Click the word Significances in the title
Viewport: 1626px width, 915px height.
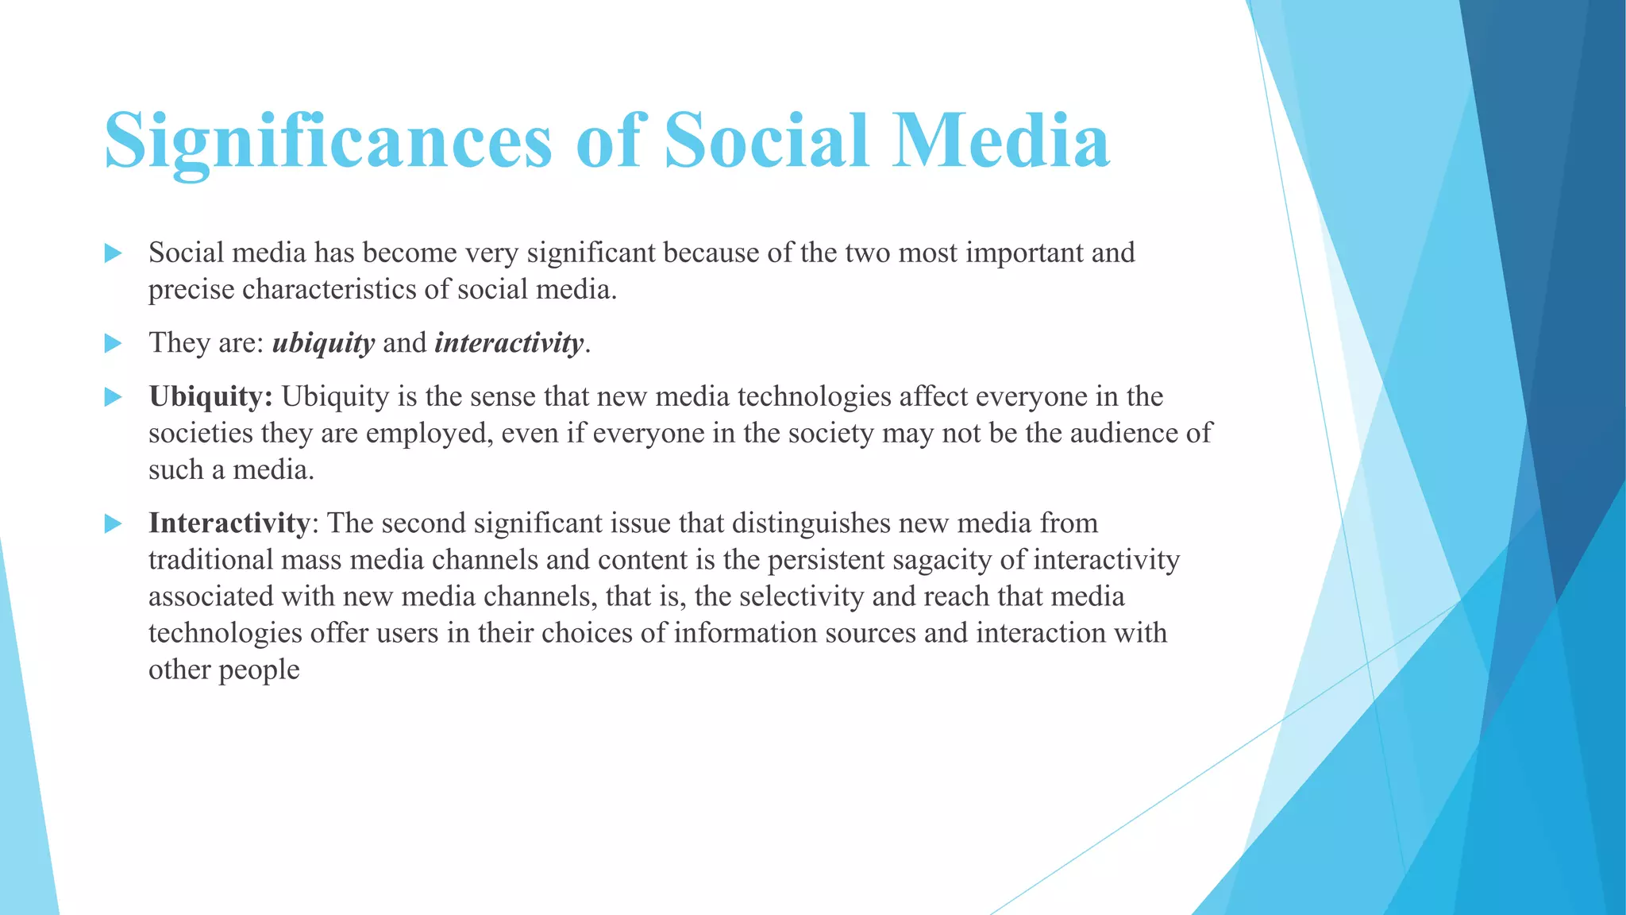pos(328,141)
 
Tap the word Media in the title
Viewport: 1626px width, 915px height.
pos(1000,141)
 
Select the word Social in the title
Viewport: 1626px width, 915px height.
pos(766,141)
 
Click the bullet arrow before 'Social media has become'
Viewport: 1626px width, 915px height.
pos(114,253)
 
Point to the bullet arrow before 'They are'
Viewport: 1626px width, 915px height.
pos(114,343)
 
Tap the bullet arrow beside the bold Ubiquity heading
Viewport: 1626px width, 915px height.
pos(114,396)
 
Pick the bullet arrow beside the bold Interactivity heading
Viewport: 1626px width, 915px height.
pos(114,523)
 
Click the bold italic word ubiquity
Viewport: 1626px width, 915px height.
pos(323,343)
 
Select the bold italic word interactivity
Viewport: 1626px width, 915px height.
pos(509,343)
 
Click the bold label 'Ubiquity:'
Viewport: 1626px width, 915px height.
pos(210,396)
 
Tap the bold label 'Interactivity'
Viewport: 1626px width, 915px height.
pos(229,523)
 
